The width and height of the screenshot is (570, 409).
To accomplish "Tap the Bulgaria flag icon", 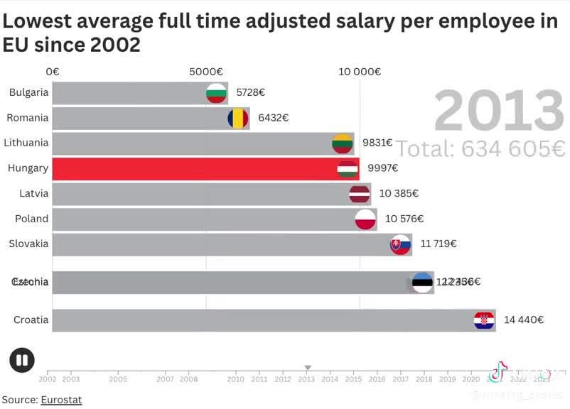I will pyautogui.click(x=216, y=93).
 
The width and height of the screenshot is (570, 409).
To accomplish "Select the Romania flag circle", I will pyautogui.click(x=238, y=118).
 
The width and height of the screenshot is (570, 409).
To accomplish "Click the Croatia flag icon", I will pyautogui.click(x=484, y=320).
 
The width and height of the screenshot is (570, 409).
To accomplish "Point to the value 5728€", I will pyautogui.click(x=250, y=92).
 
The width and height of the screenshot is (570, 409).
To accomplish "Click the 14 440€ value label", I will pyautogui.click(x=524, y=320).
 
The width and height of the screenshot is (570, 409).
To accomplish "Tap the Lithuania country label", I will pyautogui.click(x=26, y=143).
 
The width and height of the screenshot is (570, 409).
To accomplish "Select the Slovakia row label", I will pyautogui.click(x=28, y=244).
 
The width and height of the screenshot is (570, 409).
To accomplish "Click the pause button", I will pyautogui.click(x=22, y=361).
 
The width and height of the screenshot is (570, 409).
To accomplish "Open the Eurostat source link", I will pyautogui.click(x=61, y=400).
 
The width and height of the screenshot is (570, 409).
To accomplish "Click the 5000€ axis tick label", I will pyautogui.click(x=206, y=72).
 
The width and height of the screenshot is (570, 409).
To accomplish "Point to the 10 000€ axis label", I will pyautogui.click(x=360, y=72).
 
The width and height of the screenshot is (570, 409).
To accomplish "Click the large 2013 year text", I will pyautogui.click(x=499, y=111).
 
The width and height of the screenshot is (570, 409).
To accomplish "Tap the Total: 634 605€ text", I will pyautogui.click(x=480, y=149).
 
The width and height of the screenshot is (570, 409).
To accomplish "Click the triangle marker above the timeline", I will pyautogui.click(x=308, y=368).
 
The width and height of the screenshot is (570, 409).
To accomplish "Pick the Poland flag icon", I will pyautogui.click(x=365, y=219).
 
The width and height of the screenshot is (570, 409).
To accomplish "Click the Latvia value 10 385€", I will pyautogui.click(x=399, y=193).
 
